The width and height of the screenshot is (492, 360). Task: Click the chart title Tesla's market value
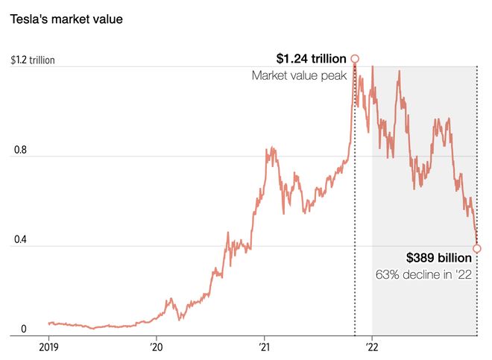tap(66, 19)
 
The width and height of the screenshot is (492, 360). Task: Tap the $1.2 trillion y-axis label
tap(33, 60)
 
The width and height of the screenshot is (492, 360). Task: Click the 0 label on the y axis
tap(23, 329)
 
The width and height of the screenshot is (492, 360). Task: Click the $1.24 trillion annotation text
tap(311, 58)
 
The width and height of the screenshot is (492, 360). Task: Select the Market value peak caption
tap(299, 75)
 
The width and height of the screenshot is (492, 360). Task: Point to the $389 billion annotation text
tap(438, 258)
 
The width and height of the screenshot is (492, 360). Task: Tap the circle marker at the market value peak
tap(355, 58)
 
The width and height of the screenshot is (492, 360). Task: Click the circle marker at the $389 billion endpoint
tap(477, 248)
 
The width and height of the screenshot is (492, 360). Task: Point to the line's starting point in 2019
tap(48, 323)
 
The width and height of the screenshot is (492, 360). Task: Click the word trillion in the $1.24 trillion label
tap(327, 58)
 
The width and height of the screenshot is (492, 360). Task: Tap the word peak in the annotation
tap(332, 75)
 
